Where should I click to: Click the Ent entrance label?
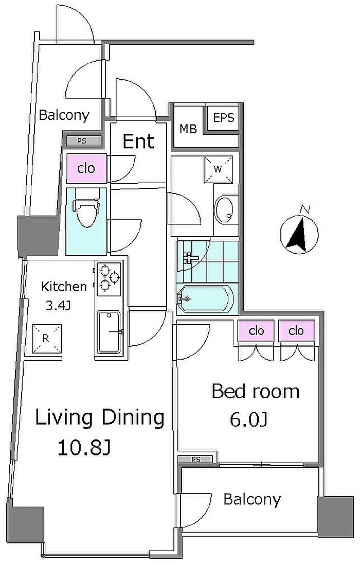[139, 141]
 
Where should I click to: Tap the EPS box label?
[224, 118]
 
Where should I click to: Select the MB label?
[188, 129]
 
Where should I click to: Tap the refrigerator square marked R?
[47, 339]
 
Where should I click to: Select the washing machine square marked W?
[218, 169]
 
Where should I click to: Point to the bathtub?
[206, 298]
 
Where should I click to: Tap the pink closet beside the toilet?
[86, 168]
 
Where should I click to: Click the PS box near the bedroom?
[196, 460]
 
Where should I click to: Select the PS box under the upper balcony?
[82, 141]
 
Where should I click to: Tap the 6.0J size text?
[249, 419]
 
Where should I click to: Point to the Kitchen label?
[64, 287]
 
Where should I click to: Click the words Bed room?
[255, 392]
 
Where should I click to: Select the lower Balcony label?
[252, 500]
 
